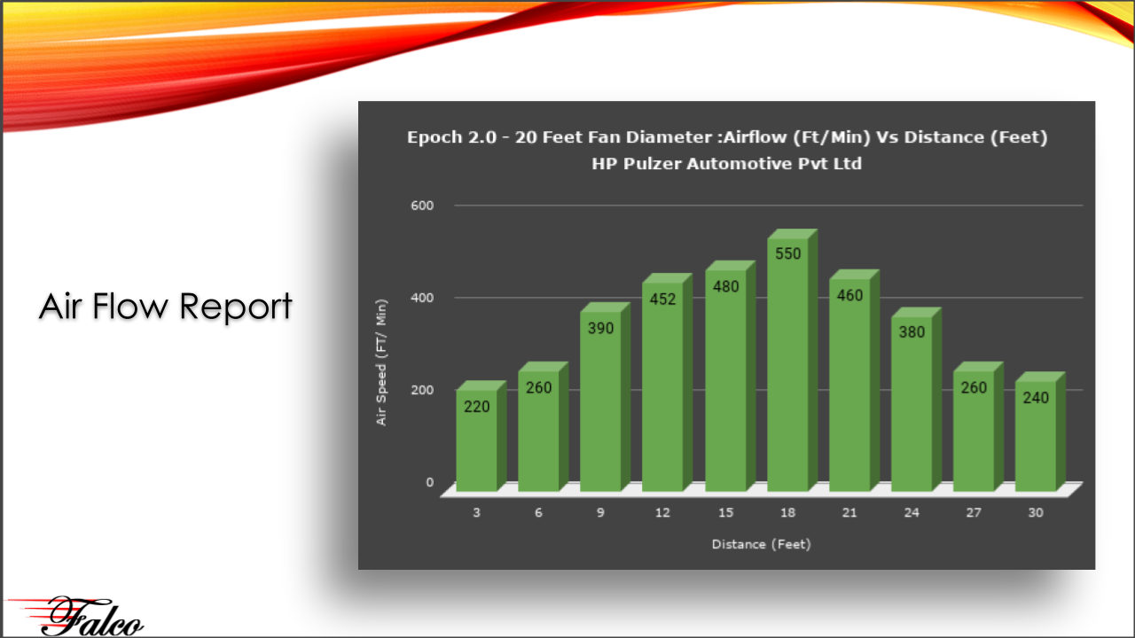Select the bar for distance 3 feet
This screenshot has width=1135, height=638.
coord(481,436)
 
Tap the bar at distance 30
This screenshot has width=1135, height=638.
coord(1040,432)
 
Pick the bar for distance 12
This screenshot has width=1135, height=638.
coord(667,382)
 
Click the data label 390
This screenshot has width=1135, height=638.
coord(600,328)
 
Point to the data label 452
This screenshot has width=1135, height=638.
coord(662,299)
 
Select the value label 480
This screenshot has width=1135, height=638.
coord(725,286)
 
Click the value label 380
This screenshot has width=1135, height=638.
coord(912,332)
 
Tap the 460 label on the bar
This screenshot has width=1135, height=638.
coord(849,295)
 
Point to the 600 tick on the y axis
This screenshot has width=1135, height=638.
coord(422,206)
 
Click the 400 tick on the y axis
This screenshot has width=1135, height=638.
coord(422,298)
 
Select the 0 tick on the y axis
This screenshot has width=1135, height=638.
coord(430,483)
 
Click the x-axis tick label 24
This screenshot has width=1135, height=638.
coord(912,512)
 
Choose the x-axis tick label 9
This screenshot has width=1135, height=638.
coord(600,512)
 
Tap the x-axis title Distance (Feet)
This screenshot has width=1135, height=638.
coord(761,544)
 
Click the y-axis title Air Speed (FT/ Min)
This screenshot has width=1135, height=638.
coord(381,362)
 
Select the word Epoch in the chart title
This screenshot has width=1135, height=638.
coord(434,137)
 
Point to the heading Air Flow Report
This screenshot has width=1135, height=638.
coord(165,307)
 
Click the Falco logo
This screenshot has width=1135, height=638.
coord(76,616)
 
